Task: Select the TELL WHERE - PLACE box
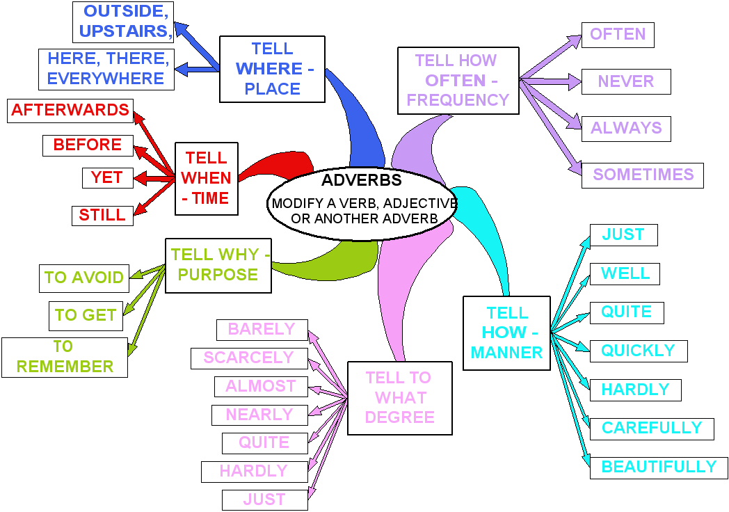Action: point(272,69)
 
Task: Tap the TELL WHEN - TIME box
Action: point(206,179)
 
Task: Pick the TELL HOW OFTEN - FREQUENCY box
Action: point(458,80)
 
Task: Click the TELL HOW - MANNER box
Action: point(506,333)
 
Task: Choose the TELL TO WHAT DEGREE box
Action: point(399,397)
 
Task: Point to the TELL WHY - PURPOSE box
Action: point(217,264)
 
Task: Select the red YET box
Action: point(107,177)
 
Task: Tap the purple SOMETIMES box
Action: point(642,175)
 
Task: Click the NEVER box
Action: point(625,81)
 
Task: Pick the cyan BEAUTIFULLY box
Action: point(658,467)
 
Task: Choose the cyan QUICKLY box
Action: point(638,351)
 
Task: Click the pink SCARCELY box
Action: point(248,358)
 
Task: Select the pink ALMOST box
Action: point(260,386)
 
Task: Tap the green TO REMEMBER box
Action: point(64,357)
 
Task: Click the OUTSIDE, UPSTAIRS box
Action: point(123,22)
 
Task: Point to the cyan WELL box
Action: point(625,273)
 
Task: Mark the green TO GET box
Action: point(86,315)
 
